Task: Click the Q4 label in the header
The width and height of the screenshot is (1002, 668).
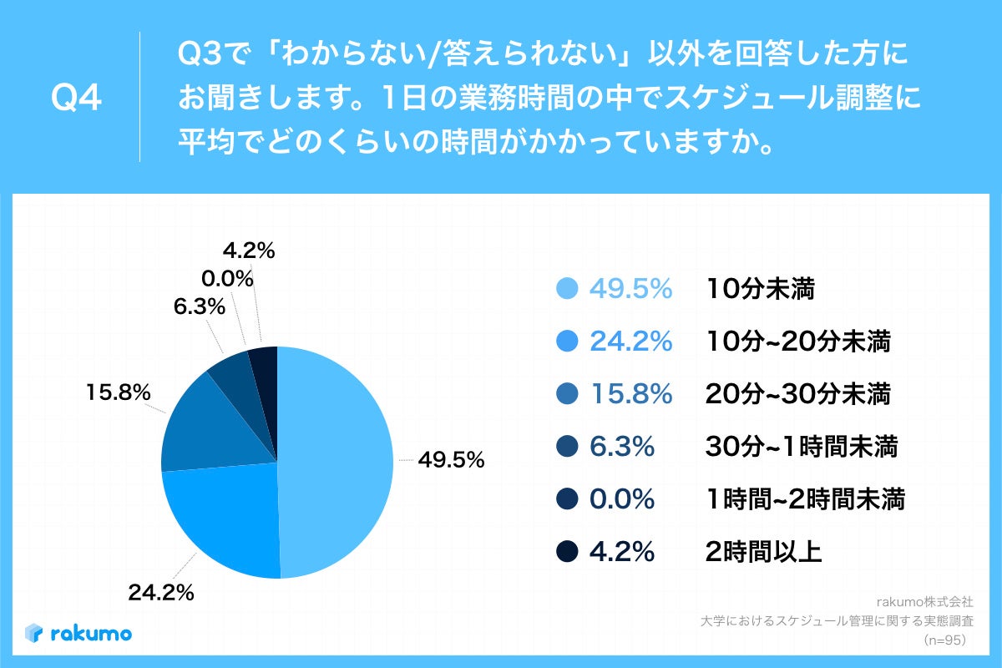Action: pyautogui.click(x=76, y=98)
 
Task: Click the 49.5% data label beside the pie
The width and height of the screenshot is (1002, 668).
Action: pyautogui.click(x=451, y=460)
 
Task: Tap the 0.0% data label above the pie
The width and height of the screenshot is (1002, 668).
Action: pyautogui.click(x=226, y=278)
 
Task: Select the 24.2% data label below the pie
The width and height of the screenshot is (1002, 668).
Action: pyautogui.click(x=161, y=593)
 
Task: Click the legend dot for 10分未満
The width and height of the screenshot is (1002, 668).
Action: pyautogui.click(x=567, y=289)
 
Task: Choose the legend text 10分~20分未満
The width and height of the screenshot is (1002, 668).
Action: pyautogui.click(x=797, y=342)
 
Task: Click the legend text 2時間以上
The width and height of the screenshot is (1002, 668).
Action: pyautogui.click(x=764, y=551)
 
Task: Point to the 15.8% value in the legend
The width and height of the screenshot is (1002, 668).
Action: pyautogui.click(x=630, y=394)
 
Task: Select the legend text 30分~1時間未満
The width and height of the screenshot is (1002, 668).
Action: pyautogui.click(x=801, y=447)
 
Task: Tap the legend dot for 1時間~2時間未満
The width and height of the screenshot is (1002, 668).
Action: pyautogui.click(x=567, y=499)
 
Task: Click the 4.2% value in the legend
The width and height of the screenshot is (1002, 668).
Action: pyautogui.click(x=622, y=551)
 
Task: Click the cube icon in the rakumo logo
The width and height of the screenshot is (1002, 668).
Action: pyautogui.click(x=34, y=633)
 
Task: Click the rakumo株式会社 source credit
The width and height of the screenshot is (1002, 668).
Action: pyautogui.click(x=925, y=600)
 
